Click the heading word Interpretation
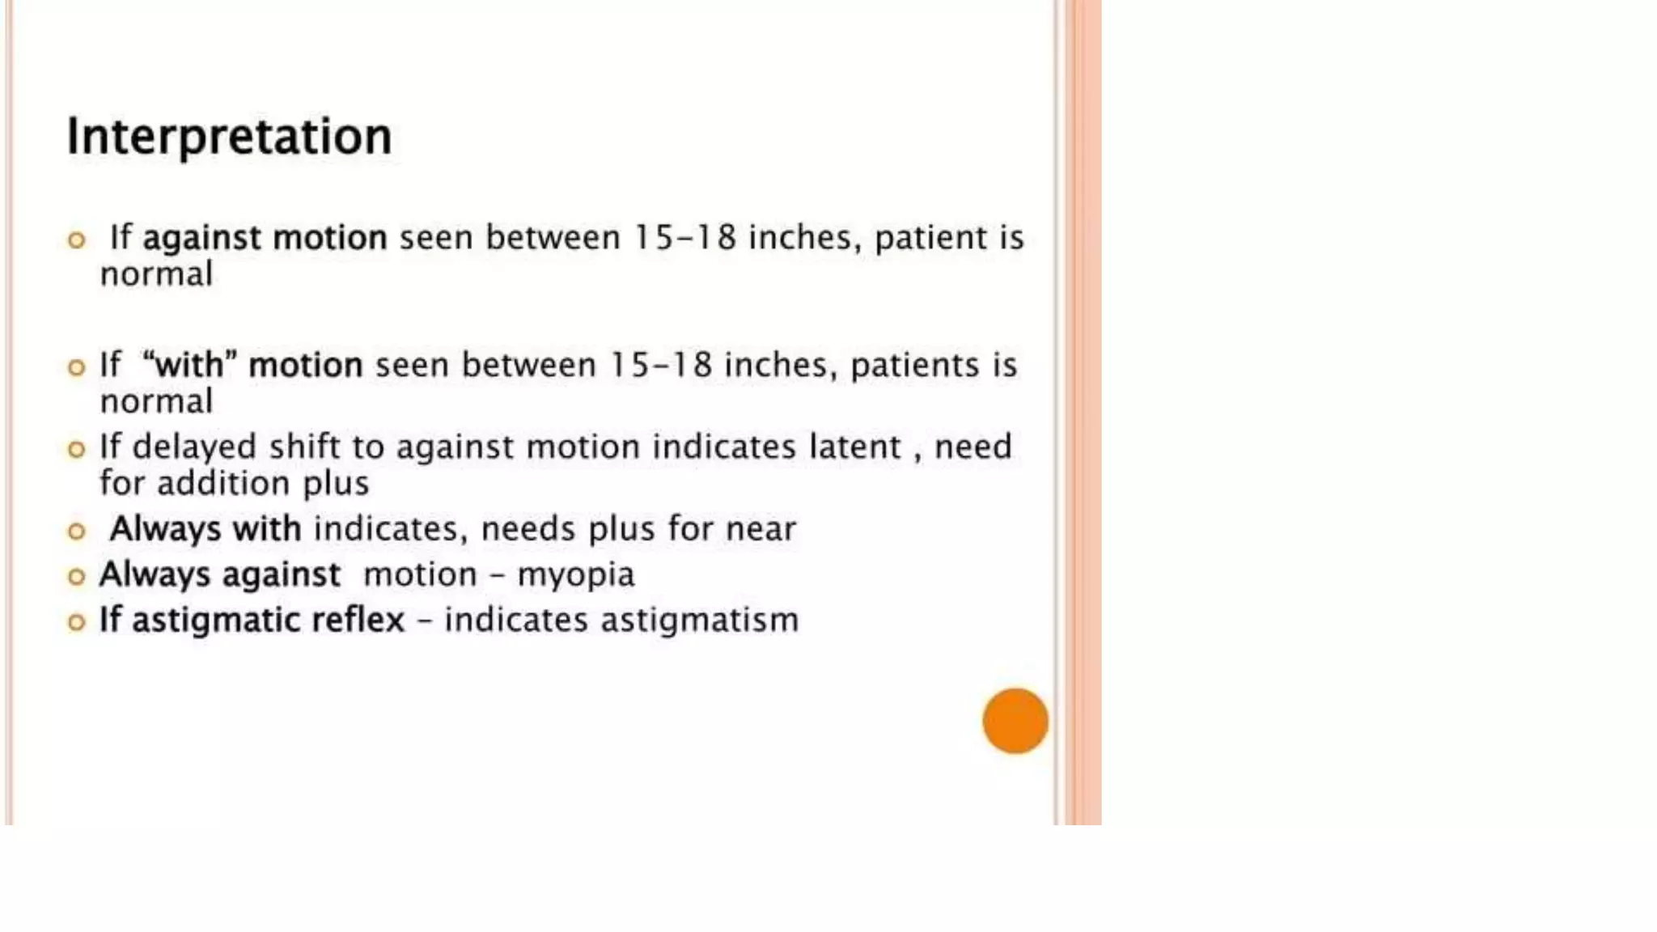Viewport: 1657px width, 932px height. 229,136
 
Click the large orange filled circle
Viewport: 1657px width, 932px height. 1015,721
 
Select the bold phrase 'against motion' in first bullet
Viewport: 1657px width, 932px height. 265,238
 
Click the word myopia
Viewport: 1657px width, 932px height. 575,575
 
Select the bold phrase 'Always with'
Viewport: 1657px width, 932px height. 206,529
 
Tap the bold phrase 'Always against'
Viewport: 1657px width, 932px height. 219,575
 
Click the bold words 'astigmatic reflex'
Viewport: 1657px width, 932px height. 268,621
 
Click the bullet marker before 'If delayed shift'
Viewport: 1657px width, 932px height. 76,449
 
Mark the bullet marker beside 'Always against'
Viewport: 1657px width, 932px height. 76,577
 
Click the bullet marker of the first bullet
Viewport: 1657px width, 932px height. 76,240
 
